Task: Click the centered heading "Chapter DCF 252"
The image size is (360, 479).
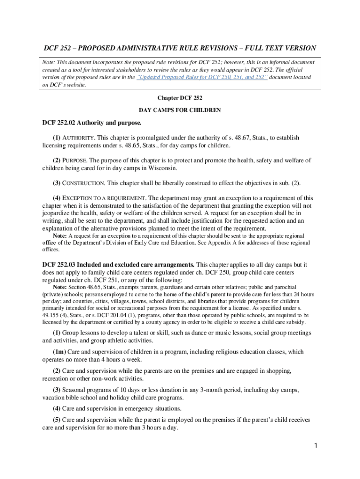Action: click(180, 98)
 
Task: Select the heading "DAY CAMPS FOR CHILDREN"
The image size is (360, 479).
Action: click(180, 110)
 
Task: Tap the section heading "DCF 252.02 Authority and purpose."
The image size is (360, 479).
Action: click(92, 123)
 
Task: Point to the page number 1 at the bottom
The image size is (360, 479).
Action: click(316, 445)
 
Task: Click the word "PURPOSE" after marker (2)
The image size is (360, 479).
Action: click(77, 160)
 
